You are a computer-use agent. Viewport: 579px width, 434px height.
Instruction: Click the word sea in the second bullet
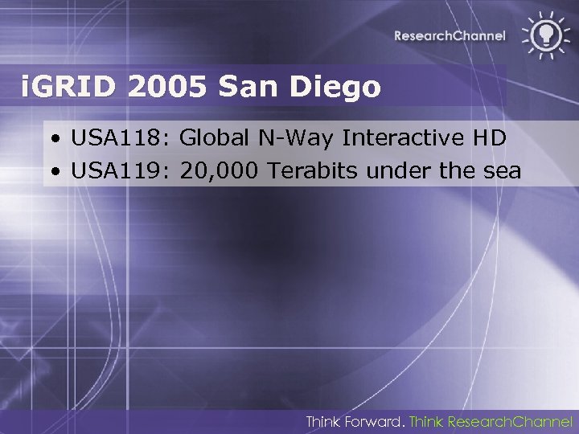coord(503,170)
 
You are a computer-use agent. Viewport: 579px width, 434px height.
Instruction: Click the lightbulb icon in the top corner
coord(544,35)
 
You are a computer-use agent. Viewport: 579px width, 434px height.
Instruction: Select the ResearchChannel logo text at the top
coord(450,35)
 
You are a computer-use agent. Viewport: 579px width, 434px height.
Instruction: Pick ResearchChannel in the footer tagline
coord(510,421)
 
